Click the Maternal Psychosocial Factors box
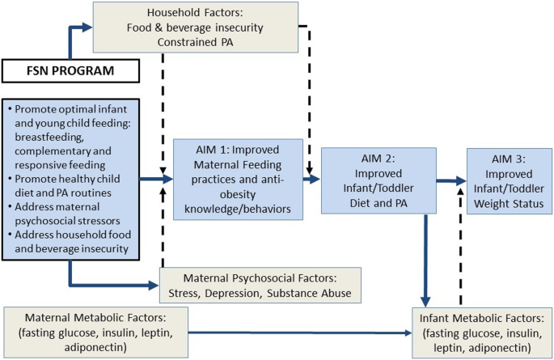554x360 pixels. pos(259,283)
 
